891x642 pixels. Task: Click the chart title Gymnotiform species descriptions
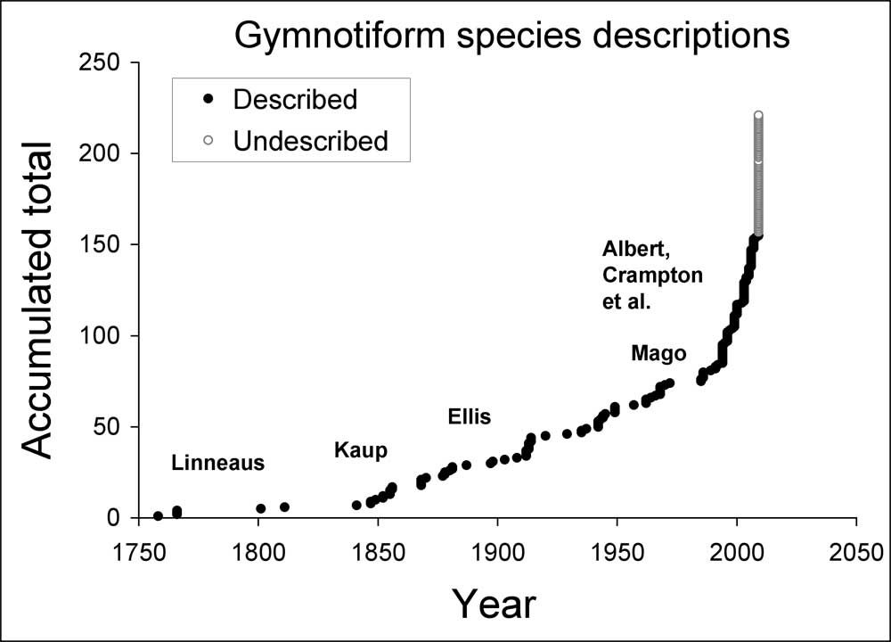pos(511,36)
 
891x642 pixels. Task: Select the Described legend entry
pos(295,99)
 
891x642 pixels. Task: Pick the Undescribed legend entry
pos(310,141)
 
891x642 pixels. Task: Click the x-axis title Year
pos(494,604)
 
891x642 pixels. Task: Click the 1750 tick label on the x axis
pos(138,547)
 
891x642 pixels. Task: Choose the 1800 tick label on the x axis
pos(258,547)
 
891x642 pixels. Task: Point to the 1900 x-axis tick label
pos(497,547)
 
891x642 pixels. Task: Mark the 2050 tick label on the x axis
pos(856,547)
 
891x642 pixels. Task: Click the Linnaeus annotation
pos(218,464)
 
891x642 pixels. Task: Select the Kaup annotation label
pos(361,451)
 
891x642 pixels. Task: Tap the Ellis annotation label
pos(470,417)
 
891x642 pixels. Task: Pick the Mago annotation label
pos(658,354)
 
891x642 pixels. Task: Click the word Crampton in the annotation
pos(653,276)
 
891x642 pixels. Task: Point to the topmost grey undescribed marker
pos(758,115)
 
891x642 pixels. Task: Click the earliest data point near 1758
pos(158,515)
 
